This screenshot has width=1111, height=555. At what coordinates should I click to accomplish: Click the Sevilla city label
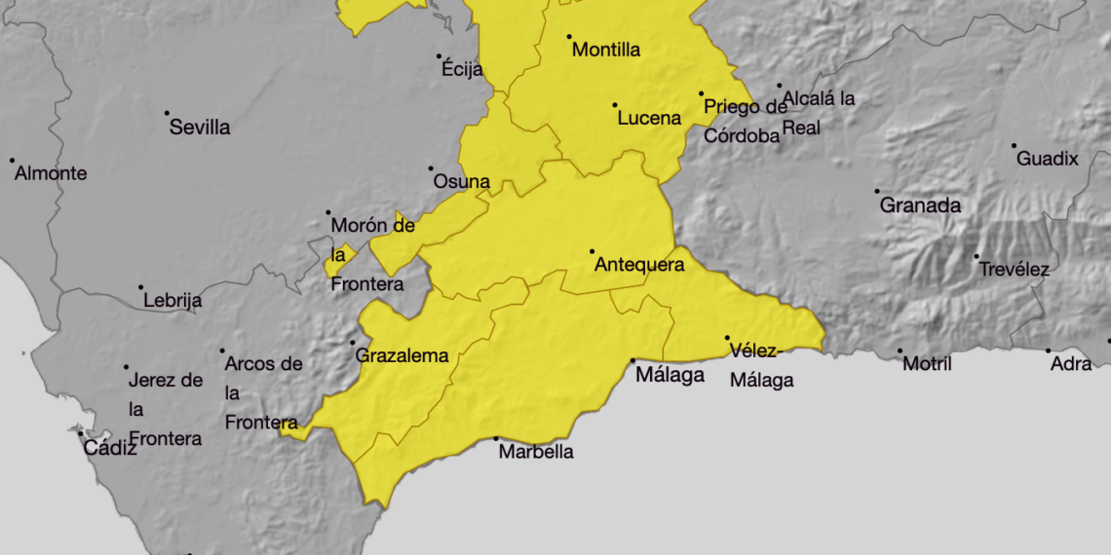[x=200, y=128]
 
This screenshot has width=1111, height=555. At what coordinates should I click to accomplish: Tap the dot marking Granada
[x=876, y=192]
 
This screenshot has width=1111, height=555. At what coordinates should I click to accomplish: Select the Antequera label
[x=639, y=265]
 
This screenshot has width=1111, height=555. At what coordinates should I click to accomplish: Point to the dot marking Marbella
[x=496, y=439]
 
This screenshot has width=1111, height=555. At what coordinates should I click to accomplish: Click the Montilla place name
[x=606, y=50]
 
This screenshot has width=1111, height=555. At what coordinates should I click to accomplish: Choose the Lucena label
[x=649, y=119]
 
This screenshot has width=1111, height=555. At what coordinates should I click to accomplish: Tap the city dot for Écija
[x=440, y=56]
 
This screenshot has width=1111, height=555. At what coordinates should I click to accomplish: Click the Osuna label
[x=461, y=182]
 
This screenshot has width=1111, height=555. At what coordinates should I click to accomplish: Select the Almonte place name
[x=51, y=174]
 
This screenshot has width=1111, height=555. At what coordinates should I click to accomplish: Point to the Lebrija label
[x=172, y=301]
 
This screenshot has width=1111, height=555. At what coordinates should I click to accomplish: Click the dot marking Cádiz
[x=81, y=434]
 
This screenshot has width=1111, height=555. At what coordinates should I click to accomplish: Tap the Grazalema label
[x=402, y=356]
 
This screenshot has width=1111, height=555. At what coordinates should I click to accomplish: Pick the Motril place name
[x=927, y=364]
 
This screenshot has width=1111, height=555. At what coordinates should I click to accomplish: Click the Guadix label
[x=1048, y=159]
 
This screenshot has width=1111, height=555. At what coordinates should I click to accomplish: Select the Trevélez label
[x=1015, y=270]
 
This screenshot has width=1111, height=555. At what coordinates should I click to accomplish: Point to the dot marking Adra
[x=1049, y=351]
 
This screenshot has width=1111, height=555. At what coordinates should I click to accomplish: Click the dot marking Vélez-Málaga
[x=727, y=339]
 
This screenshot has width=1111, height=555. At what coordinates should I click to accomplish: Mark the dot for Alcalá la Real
[x=779, y=86]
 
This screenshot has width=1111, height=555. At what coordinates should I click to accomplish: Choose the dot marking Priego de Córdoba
[x=701, y=94]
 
